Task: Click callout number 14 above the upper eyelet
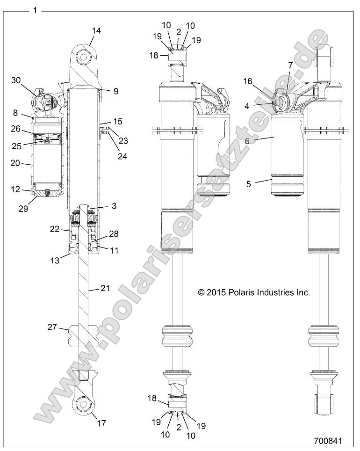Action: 96,31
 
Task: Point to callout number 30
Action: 16,80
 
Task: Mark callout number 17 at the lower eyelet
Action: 101,423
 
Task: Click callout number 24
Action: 122,156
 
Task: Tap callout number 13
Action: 55,260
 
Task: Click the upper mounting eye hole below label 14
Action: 85,57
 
